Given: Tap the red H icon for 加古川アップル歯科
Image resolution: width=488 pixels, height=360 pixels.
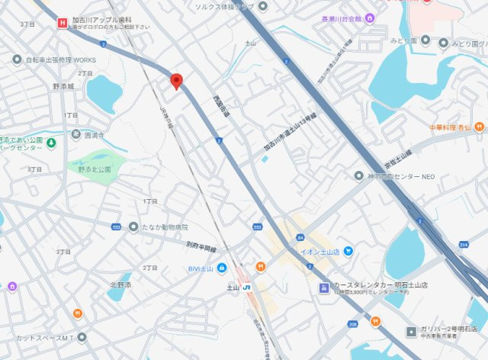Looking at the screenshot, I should [61, 23].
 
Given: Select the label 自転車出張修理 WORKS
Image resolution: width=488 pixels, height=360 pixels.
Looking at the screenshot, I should [61, 59].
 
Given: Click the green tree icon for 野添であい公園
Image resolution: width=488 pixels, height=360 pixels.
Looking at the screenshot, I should [50, 142].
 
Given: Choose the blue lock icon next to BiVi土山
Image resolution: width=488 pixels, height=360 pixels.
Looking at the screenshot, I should [221, 268].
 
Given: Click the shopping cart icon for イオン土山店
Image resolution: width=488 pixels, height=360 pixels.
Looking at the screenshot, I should [348, 250].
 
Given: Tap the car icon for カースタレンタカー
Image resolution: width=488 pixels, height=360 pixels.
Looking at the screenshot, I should [324, 288].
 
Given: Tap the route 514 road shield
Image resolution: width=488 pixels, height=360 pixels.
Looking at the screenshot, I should [464, 245].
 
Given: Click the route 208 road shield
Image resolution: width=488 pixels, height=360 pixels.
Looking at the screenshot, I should [352, 324].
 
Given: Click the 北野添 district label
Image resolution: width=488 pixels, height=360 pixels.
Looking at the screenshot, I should [120, 284].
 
